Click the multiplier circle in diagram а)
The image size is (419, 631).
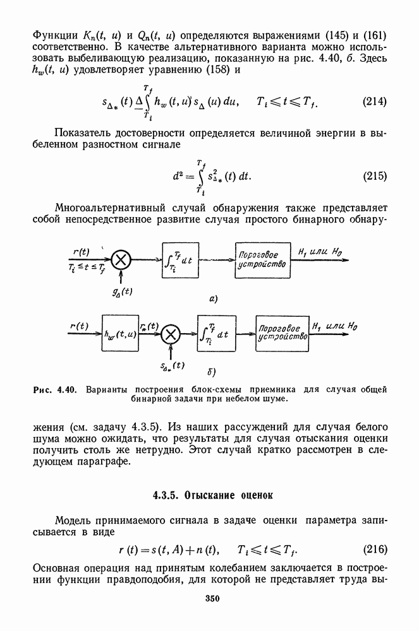tap(121, 259)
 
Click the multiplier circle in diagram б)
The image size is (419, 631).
tap(169, 334)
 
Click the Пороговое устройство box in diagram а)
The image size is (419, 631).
tap(263, 259)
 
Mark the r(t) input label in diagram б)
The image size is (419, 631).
tap(78, 326)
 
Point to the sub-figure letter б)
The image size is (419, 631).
tap(213, 372)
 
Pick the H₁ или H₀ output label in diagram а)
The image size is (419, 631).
tap(322, 251)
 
